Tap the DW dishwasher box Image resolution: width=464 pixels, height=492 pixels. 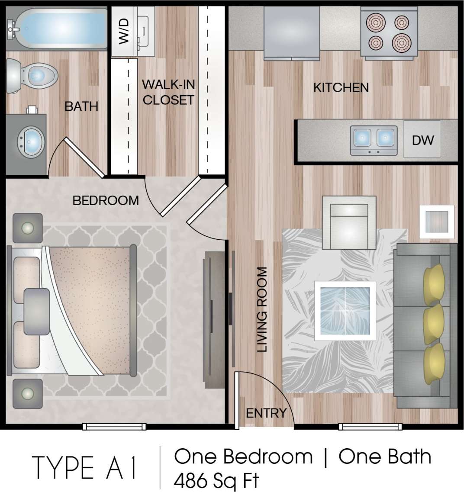click(422, 139)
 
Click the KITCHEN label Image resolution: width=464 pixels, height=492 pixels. click(341, 87)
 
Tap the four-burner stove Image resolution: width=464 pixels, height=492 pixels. click(389, 33)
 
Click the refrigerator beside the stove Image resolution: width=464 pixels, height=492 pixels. click(292, 31)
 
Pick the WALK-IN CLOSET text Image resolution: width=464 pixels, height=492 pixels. click(168, 92)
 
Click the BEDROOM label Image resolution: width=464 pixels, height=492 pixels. click(106, 200)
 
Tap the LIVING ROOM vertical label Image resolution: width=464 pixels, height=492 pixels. click(262, 309)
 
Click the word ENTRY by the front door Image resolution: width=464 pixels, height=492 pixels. click(266, 413)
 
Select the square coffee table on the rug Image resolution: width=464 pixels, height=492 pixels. click(345, 309)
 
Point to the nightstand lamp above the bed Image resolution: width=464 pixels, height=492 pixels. click(28, 228)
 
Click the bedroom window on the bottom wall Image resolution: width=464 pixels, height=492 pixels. click(114, 427)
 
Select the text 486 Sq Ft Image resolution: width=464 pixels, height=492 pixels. click(216, 480)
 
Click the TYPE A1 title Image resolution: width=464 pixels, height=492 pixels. click(85, 468)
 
